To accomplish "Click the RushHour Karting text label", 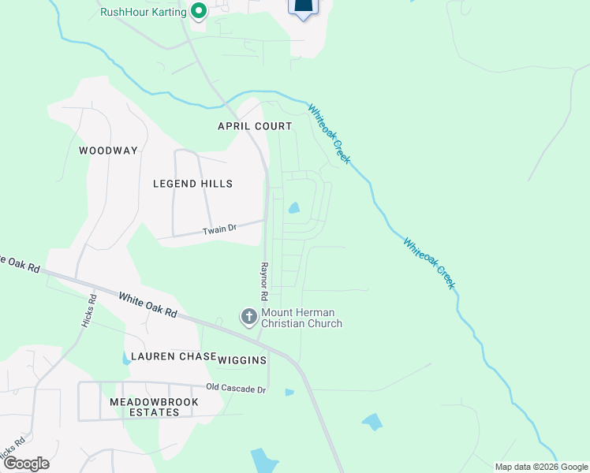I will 144,12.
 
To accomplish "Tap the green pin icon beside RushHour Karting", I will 198,11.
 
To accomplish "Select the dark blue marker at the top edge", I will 304,6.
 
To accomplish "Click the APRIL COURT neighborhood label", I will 255,126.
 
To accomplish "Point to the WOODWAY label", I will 108,151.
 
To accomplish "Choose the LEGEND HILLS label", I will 192,184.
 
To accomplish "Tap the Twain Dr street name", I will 219,229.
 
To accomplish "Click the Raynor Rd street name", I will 265,281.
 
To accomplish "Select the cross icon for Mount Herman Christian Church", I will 248,317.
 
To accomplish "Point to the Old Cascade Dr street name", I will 237,388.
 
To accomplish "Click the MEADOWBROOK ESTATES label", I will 143,407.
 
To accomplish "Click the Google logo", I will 25,464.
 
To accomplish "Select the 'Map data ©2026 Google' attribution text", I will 540,467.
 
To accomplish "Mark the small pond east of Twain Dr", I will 294,208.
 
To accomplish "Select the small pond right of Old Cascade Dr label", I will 289,392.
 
